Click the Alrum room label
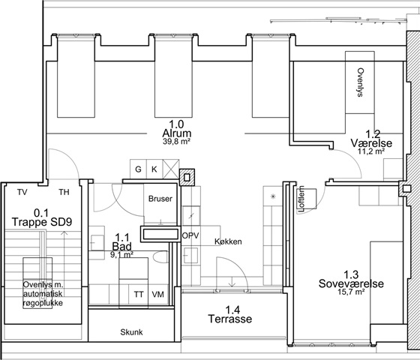pos(177,133)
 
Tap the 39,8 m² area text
pos(177,142)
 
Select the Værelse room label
pos(371,143)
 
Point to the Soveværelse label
pos(351,283)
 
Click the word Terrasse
pos(230,319)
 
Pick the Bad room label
pos(121,247)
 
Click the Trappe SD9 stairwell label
pos(42,222)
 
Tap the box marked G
pos(138,169)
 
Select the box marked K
pos(154,169)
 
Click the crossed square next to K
pos(171,169)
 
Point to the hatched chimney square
pos(187,177)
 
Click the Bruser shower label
pos(160,199)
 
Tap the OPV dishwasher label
pos(190,235)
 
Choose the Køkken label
pos(228,241)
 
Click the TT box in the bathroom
pos(139,294)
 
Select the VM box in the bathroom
pos(158,294)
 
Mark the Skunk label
pos(131,332)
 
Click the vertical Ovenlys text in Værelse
pos(361,82)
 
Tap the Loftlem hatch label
pos(301,199)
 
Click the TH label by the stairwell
pos(64,192)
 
